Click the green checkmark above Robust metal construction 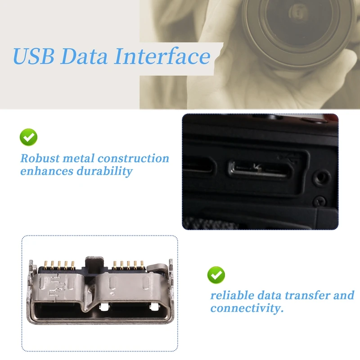(x=28, y=137)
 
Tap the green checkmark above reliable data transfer (x=216, y=274)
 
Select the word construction (x=133, y=158)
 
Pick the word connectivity (x=247, y=309)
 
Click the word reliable (x=232, y=296)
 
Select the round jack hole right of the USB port (x=320, y=177)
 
